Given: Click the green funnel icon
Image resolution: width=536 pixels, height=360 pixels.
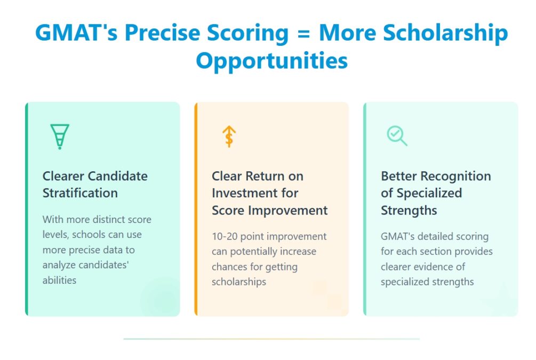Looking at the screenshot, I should (x=60, y=136).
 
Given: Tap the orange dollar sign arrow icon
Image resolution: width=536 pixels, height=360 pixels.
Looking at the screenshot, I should (x=229, y=137).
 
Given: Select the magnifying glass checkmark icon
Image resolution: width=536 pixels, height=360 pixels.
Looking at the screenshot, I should (x=397, y=135).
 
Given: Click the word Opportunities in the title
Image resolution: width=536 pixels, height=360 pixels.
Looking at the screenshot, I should (x=271, y=60).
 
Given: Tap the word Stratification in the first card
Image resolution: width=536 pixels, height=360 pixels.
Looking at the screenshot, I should (x=80, y=193).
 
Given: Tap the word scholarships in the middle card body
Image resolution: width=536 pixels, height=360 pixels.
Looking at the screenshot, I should (x=238, y=282).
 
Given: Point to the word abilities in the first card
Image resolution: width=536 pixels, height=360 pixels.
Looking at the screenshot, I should (x=59, y=280).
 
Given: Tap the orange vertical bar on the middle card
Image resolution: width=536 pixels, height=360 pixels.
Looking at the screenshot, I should (x=196, y=209).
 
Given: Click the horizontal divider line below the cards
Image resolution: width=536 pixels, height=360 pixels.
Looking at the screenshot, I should (x=271, y=339).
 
